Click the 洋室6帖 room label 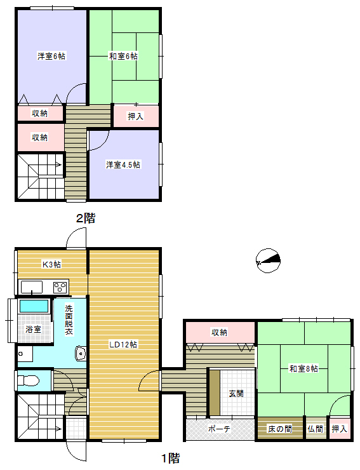[x=51, y=56]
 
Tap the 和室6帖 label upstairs [x=123, y=56]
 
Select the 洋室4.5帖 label [x=123, y=164]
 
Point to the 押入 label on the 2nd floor [x=136, y=116]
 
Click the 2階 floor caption [x=86, y=218]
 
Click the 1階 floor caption [x=171, y=458]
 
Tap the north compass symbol [x=269, y=260]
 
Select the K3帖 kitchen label [x=51, y=264]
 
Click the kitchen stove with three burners [x=60, y=288]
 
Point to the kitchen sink [x=32, y=287]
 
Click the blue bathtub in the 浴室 [x=34, y=306]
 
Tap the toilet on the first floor [x=29, y=380]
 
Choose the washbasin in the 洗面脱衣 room [x=81, y=353]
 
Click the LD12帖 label [x=123, y=344]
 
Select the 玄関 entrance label [x=236, y=393]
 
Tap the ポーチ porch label [x=219, y=429]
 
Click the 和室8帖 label [x=303, y=368]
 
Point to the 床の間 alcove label [x=280, y=429]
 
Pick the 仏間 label [x=316, y=429]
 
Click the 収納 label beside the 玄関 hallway [x=220, y=332]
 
